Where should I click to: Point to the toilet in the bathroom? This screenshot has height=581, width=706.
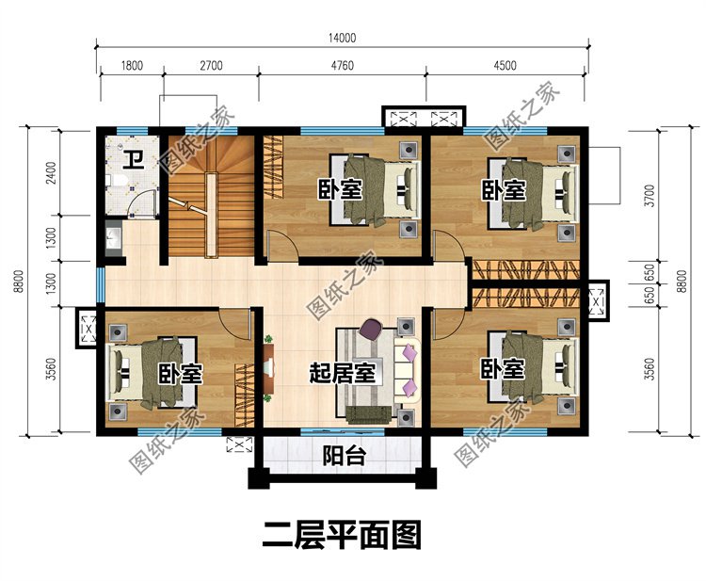point(113,179)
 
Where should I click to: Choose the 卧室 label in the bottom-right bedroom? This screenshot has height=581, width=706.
point(503,368)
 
